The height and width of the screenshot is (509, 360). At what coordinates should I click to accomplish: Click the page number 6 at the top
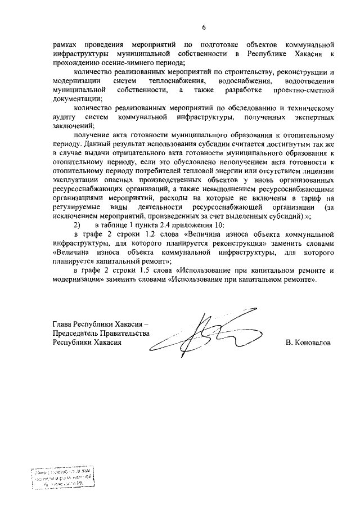pyautogui.click(x=204, y=27)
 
